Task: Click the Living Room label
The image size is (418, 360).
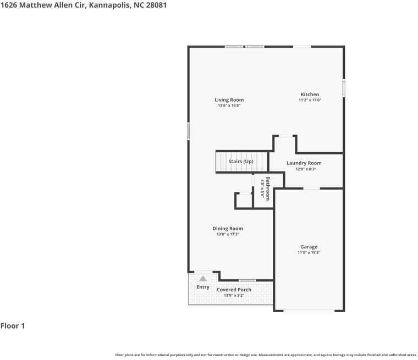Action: click(229, 100)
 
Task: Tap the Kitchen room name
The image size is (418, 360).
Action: click(310, 95)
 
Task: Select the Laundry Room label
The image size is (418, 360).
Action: click(304, 163)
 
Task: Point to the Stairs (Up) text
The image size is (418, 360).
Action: click(241, 162)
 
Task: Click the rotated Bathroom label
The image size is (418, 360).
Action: click(268, 189)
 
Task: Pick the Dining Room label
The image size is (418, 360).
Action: click(228, 229)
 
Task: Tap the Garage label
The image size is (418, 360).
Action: click(309, 247)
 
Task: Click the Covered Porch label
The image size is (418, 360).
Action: click(234, 290)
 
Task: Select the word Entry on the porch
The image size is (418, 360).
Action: click(203, 287)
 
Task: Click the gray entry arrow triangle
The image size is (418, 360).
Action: click(203, 279)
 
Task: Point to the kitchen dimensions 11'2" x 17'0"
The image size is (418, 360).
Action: click(310, 100)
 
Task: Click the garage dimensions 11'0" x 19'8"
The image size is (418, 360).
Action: click(309, 252)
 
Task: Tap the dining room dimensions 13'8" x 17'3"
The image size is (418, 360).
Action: click(228, 234)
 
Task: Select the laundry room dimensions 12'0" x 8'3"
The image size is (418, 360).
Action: click(305, 169)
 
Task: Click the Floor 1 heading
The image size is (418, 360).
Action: click(13, 326)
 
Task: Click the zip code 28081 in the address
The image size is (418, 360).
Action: click(156, 5)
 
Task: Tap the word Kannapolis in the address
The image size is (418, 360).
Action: click(110, 5)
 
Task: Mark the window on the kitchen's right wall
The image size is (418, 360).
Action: click(344, 88)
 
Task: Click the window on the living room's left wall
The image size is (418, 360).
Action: click(188, 131)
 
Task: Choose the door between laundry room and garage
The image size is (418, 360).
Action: click(312, 189)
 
